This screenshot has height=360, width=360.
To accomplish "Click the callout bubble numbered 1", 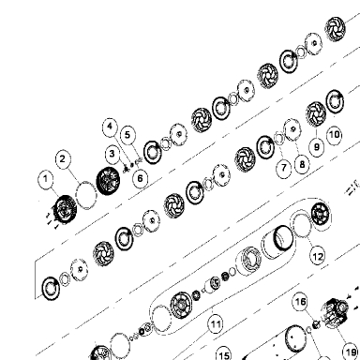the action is [46, 180].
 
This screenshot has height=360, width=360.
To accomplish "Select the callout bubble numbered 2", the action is [63, 159].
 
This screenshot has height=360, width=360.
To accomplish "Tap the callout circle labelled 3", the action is [112, 154].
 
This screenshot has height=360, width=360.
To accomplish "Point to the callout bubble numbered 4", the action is [110, 127].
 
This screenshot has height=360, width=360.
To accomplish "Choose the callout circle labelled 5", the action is [127, 135].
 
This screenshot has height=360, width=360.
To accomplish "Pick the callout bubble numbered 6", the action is [140, 178].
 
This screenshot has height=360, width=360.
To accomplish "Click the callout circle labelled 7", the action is [284, 168].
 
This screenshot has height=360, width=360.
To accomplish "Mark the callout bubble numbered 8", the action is [302, 164].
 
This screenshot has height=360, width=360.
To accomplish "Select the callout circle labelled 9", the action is [317, 146].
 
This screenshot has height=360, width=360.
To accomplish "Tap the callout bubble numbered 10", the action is [334, 135].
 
